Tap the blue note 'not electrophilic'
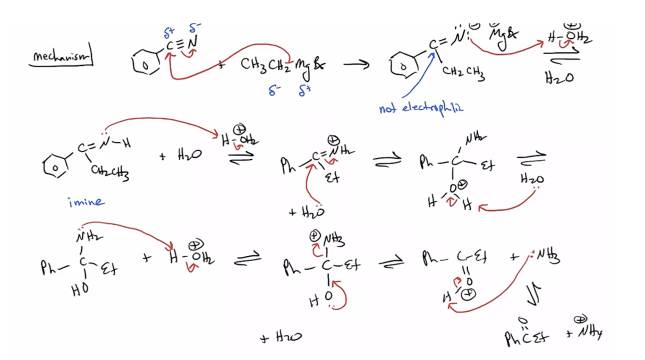421,108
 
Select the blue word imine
86,202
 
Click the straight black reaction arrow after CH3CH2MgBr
356,65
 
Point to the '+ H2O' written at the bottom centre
282,337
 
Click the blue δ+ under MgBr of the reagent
304,91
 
